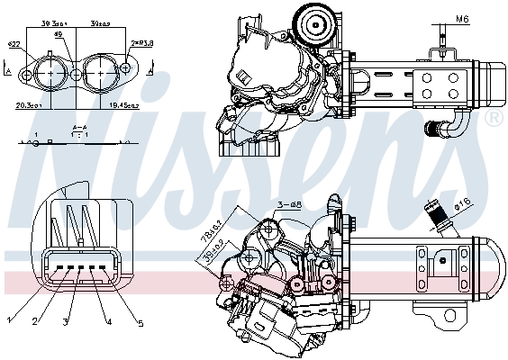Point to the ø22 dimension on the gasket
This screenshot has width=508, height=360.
14,43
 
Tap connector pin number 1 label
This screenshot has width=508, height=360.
9,319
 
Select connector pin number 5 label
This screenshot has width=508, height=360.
141,324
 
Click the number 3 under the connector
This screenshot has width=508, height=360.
67,322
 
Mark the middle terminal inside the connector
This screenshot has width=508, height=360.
78,269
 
